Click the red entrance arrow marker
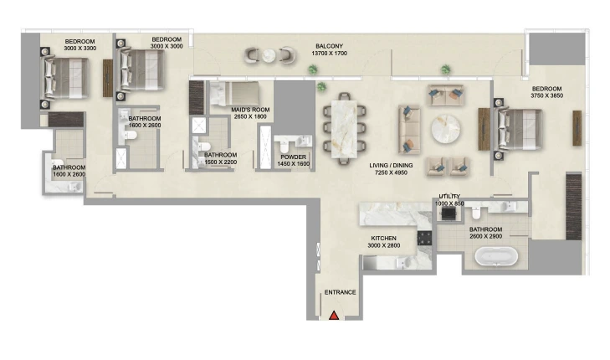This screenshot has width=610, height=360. click(x=334, y=316)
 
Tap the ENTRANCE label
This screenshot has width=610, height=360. click(x=340, y=292)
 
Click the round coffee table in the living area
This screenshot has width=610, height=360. click(x=445, y=129)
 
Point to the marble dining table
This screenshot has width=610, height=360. click(x=344, y=129)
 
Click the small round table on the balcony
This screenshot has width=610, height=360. click(x=269, y=55)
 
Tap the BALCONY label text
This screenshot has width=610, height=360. click(x=329, y=46)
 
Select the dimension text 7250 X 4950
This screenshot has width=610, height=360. click(x=391, y=172)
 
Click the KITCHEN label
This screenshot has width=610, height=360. click(x=383, y=238)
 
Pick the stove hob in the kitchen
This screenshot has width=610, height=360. click(x=424, y=238)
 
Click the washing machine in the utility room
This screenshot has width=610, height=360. click(x=449, y=213)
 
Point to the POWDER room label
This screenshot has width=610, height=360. click(x=294, y=157)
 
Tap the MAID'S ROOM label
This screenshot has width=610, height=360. click(x=250, y=110)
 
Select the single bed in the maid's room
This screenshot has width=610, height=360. click(x=234, y=94)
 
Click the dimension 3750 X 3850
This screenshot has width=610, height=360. click(x=547, y=95)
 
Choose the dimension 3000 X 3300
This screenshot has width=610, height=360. click(x=80, y=49)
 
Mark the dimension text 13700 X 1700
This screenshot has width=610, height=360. click(x=329, y=54)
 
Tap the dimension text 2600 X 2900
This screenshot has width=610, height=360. click(x=486, y=236)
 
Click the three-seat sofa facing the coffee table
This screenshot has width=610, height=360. click(x=409, y=129)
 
